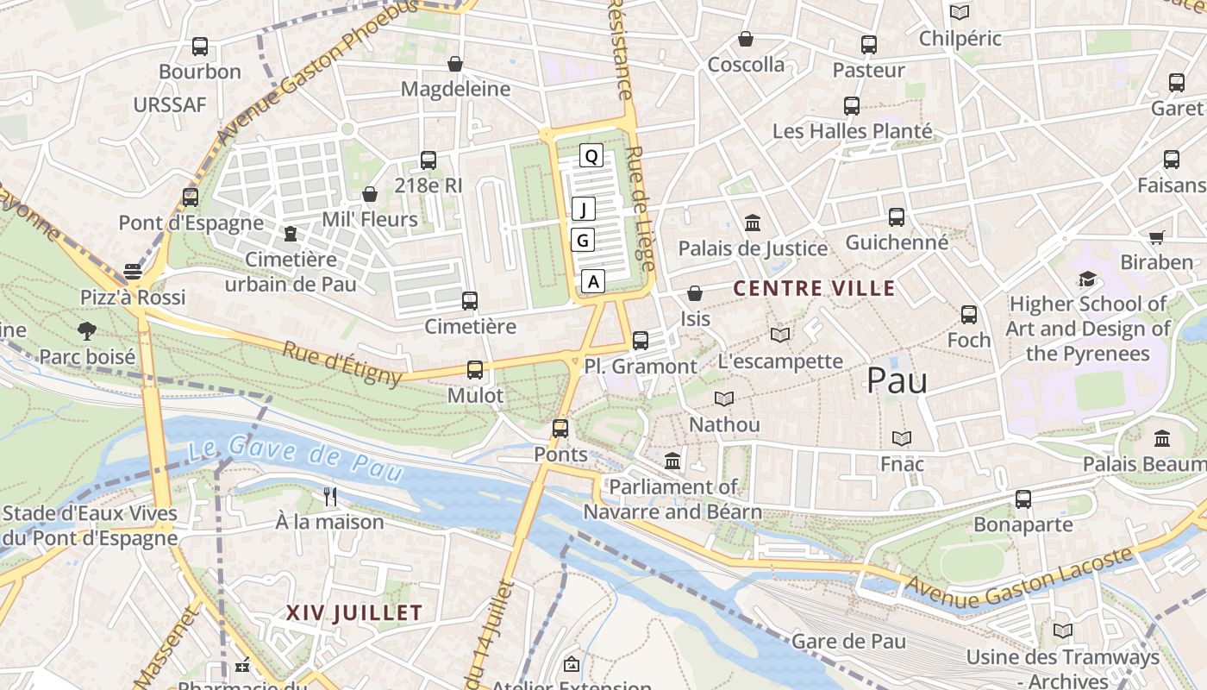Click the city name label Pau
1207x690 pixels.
(x=897, y=380)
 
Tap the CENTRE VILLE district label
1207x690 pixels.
(x=814, y=288)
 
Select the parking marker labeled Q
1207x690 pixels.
(x=591, y=156)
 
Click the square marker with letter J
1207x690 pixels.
(x=584, y=209)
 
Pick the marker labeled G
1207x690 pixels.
(x=583, y=240)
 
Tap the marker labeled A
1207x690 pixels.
(x=592, y=280)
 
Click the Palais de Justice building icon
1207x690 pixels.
(x=753, y=223)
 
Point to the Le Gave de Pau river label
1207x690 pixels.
(x=296, y=460)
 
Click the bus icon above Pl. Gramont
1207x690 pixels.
(x=640, y=341)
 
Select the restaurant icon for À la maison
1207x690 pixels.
(x=329, y=496)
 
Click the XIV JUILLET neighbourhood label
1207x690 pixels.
(x=353, y=613)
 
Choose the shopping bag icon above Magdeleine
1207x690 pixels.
(x=455, y=64)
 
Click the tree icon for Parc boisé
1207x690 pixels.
(x=86, y=330)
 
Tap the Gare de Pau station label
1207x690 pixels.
(x=848, y=641)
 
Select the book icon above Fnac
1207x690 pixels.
(x=902, y=438)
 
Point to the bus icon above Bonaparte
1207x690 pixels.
(x=1023, y=499)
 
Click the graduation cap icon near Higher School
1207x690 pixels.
(x=1087, y=279)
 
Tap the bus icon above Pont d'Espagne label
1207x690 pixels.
(x=191, y=198)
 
